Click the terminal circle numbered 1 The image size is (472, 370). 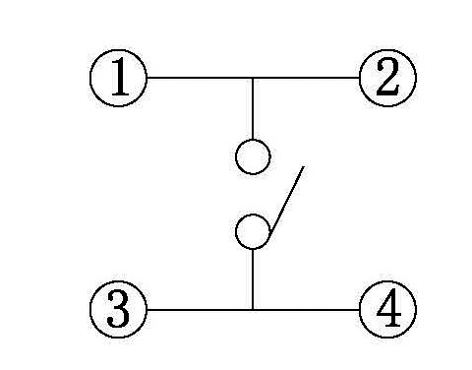pyautogui.click(x=118, y=77)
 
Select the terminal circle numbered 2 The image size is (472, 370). pyautogui.click(x=387, y=77)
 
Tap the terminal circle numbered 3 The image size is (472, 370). pyautogui.click(x=118, y=310)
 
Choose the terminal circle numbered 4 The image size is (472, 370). pyautogui.click(x=387, y=310)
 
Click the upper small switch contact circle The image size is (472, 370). pyautogui.click(x=253, y=156)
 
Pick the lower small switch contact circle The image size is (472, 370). pyautogui.click(x=253, y=231)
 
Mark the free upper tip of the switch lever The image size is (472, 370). pyautogui.click(x=303, y=167)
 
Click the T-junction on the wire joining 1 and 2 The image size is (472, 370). pyautogui.click(x=253, y=77)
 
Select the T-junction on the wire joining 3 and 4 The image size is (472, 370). pyautogui.click(x=253, y=310)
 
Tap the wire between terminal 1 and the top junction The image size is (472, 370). pyautogui.click(x=197, y=77)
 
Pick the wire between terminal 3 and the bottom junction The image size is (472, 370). pyautogui.click(x=197, y=310)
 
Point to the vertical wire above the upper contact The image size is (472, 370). pyautogui.click(x=253, y=108)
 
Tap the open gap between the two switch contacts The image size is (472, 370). pyautogui.click(x=253, y=194)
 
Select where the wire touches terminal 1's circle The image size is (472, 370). pyautogui.click(x=147, y=77)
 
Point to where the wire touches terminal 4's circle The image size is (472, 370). pyautogui.click(x=360, y=310)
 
